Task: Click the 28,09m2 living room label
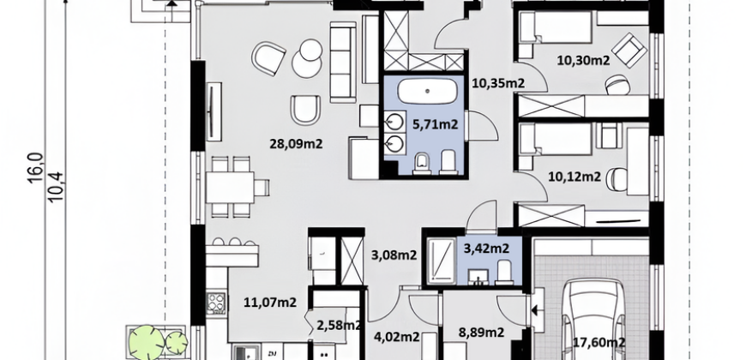[x=296, y=143]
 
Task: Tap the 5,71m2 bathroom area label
[x=436, y=124]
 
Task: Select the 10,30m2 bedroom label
[x=583, y=60]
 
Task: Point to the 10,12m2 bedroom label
[x=575, y=177]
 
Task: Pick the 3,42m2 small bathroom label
[x=486, y=249]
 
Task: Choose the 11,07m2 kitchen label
[x=270, y=302]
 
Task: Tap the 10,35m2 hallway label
[x=498, y=84]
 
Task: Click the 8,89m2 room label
[x=481, y=333]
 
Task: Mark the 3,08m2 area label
[x=394, y=255]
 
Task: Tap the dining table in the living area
[x=231, y=188]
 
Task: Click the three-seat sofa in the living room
[x=343, y=62]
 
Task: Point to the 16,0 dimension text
[x=36, y=168]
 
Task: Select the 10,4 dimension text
[x=55, y=187]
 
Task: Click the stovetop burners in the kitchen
[x=216, y=302]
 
